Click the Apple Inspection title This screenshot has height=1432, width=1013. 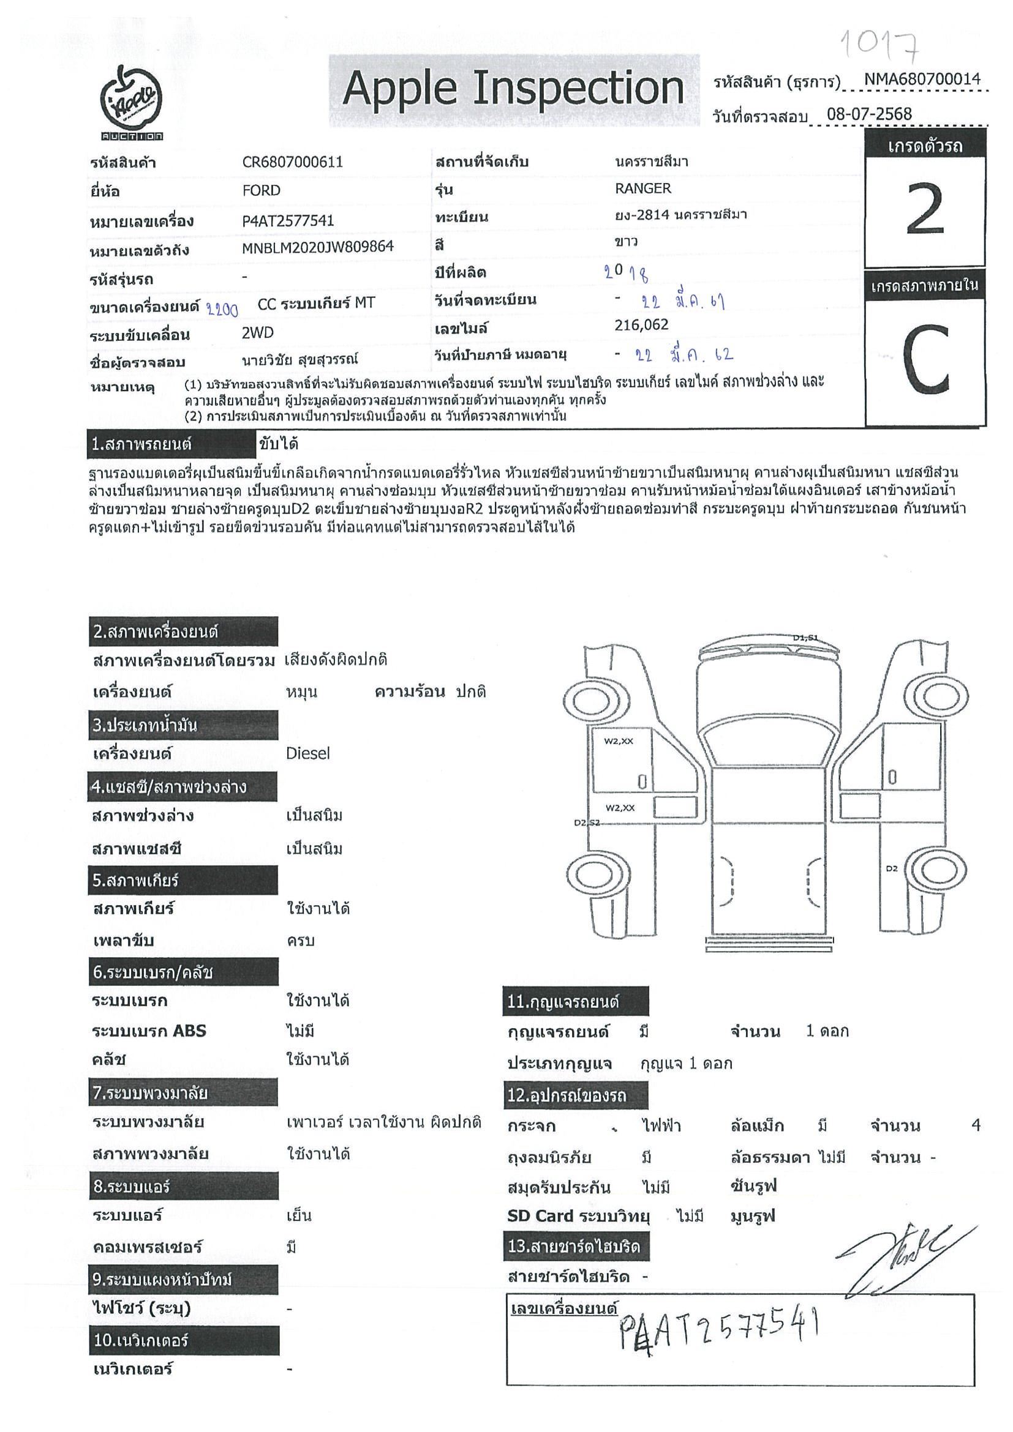pos(513,89)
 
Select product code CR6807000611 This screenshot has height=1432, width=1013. pos(292,162)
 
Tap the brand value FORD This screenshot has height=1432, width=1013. pos(261,190)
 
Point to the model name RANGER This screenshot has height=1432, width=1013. pos(643,188)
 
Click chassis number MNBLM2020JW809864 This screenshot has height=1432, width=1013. pos(318,247)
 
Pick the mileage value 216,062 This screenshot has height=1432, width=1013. pos(641,324)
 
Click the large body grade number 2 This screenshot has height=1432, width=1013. pos(924,209)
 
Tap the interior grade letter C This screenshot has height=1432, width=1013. pos(925,360)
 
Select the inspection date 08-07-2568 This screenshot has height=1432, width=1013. pos(869,114)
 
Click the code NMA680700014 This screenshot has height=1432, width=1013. pos(922,79)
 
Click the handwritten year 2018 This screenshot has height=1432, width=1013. pos(626,272)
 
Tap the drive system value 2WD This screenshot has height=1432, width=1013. pos(258,332)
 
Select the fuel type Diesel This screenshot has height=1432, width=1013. pos(307,753)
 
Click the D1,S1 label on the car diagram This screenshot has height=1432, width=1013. pos(805,638)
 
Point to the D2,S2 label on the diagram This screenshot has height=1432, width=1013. pos(586,822)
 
